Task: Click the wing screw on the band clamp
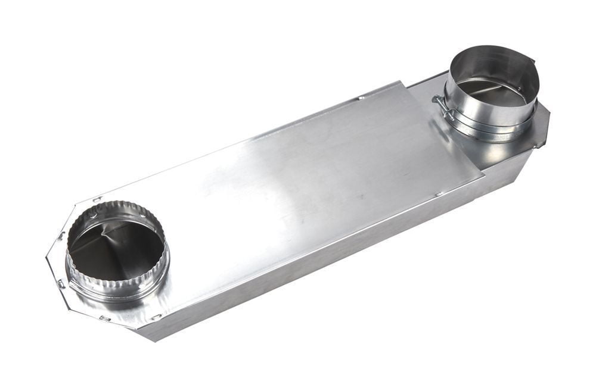(439, 107)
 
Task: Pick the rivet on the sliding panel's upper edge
(361, 96)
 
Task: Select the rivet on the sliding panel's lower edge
(437, 193)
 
